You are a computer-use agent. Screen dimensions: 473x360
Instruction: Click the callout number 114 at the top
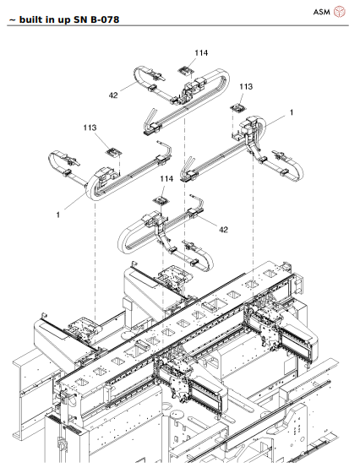(x=200, y=52)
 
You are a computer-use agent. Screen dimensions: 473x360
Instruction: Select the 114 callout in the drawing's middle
(x=166, y=179)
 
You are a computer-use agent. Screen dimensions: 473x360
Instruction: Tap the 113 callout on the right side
(x=245, y=87)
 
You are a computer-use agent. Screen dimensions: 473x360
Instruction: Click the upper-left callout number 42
(x=112, y=95)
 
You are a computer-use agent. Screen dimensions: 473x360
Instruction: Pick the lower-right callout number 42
(x=224, y=230)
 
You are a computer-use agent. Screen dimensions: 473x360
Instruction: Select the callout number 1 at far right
(x=292, y=112)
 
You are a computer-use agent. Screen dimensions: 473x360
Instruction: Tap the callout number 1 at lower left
(x=58, y=215)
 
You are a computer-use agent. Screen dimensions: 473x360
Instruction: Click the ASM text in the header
(x=321, y=12)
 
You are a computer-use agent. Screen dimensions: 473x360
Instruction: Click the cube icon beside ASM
(x=340, y=12)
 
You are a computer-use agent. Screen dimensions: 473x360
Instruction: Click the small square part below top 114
(x=185, y=69)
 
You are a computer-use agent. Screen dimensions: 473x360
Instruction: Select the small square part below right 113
(x=239, y=107)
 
